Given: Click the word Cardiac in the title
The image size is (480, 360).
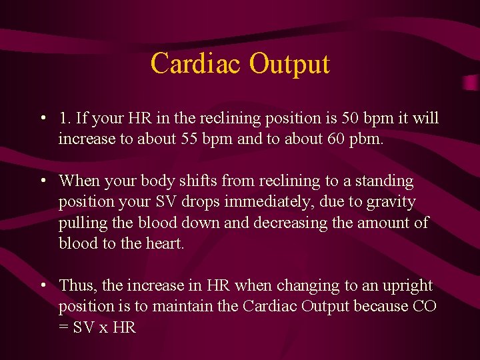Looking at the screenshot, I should pyautogui.click(x=196, y=64).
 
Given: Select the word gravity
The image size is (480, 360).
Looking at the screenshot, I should pyautogui.click(x=390, y=202).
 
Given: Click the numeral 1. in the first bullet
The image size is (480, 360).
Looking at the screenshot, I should pyautogui.click(x=65, y=119).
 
